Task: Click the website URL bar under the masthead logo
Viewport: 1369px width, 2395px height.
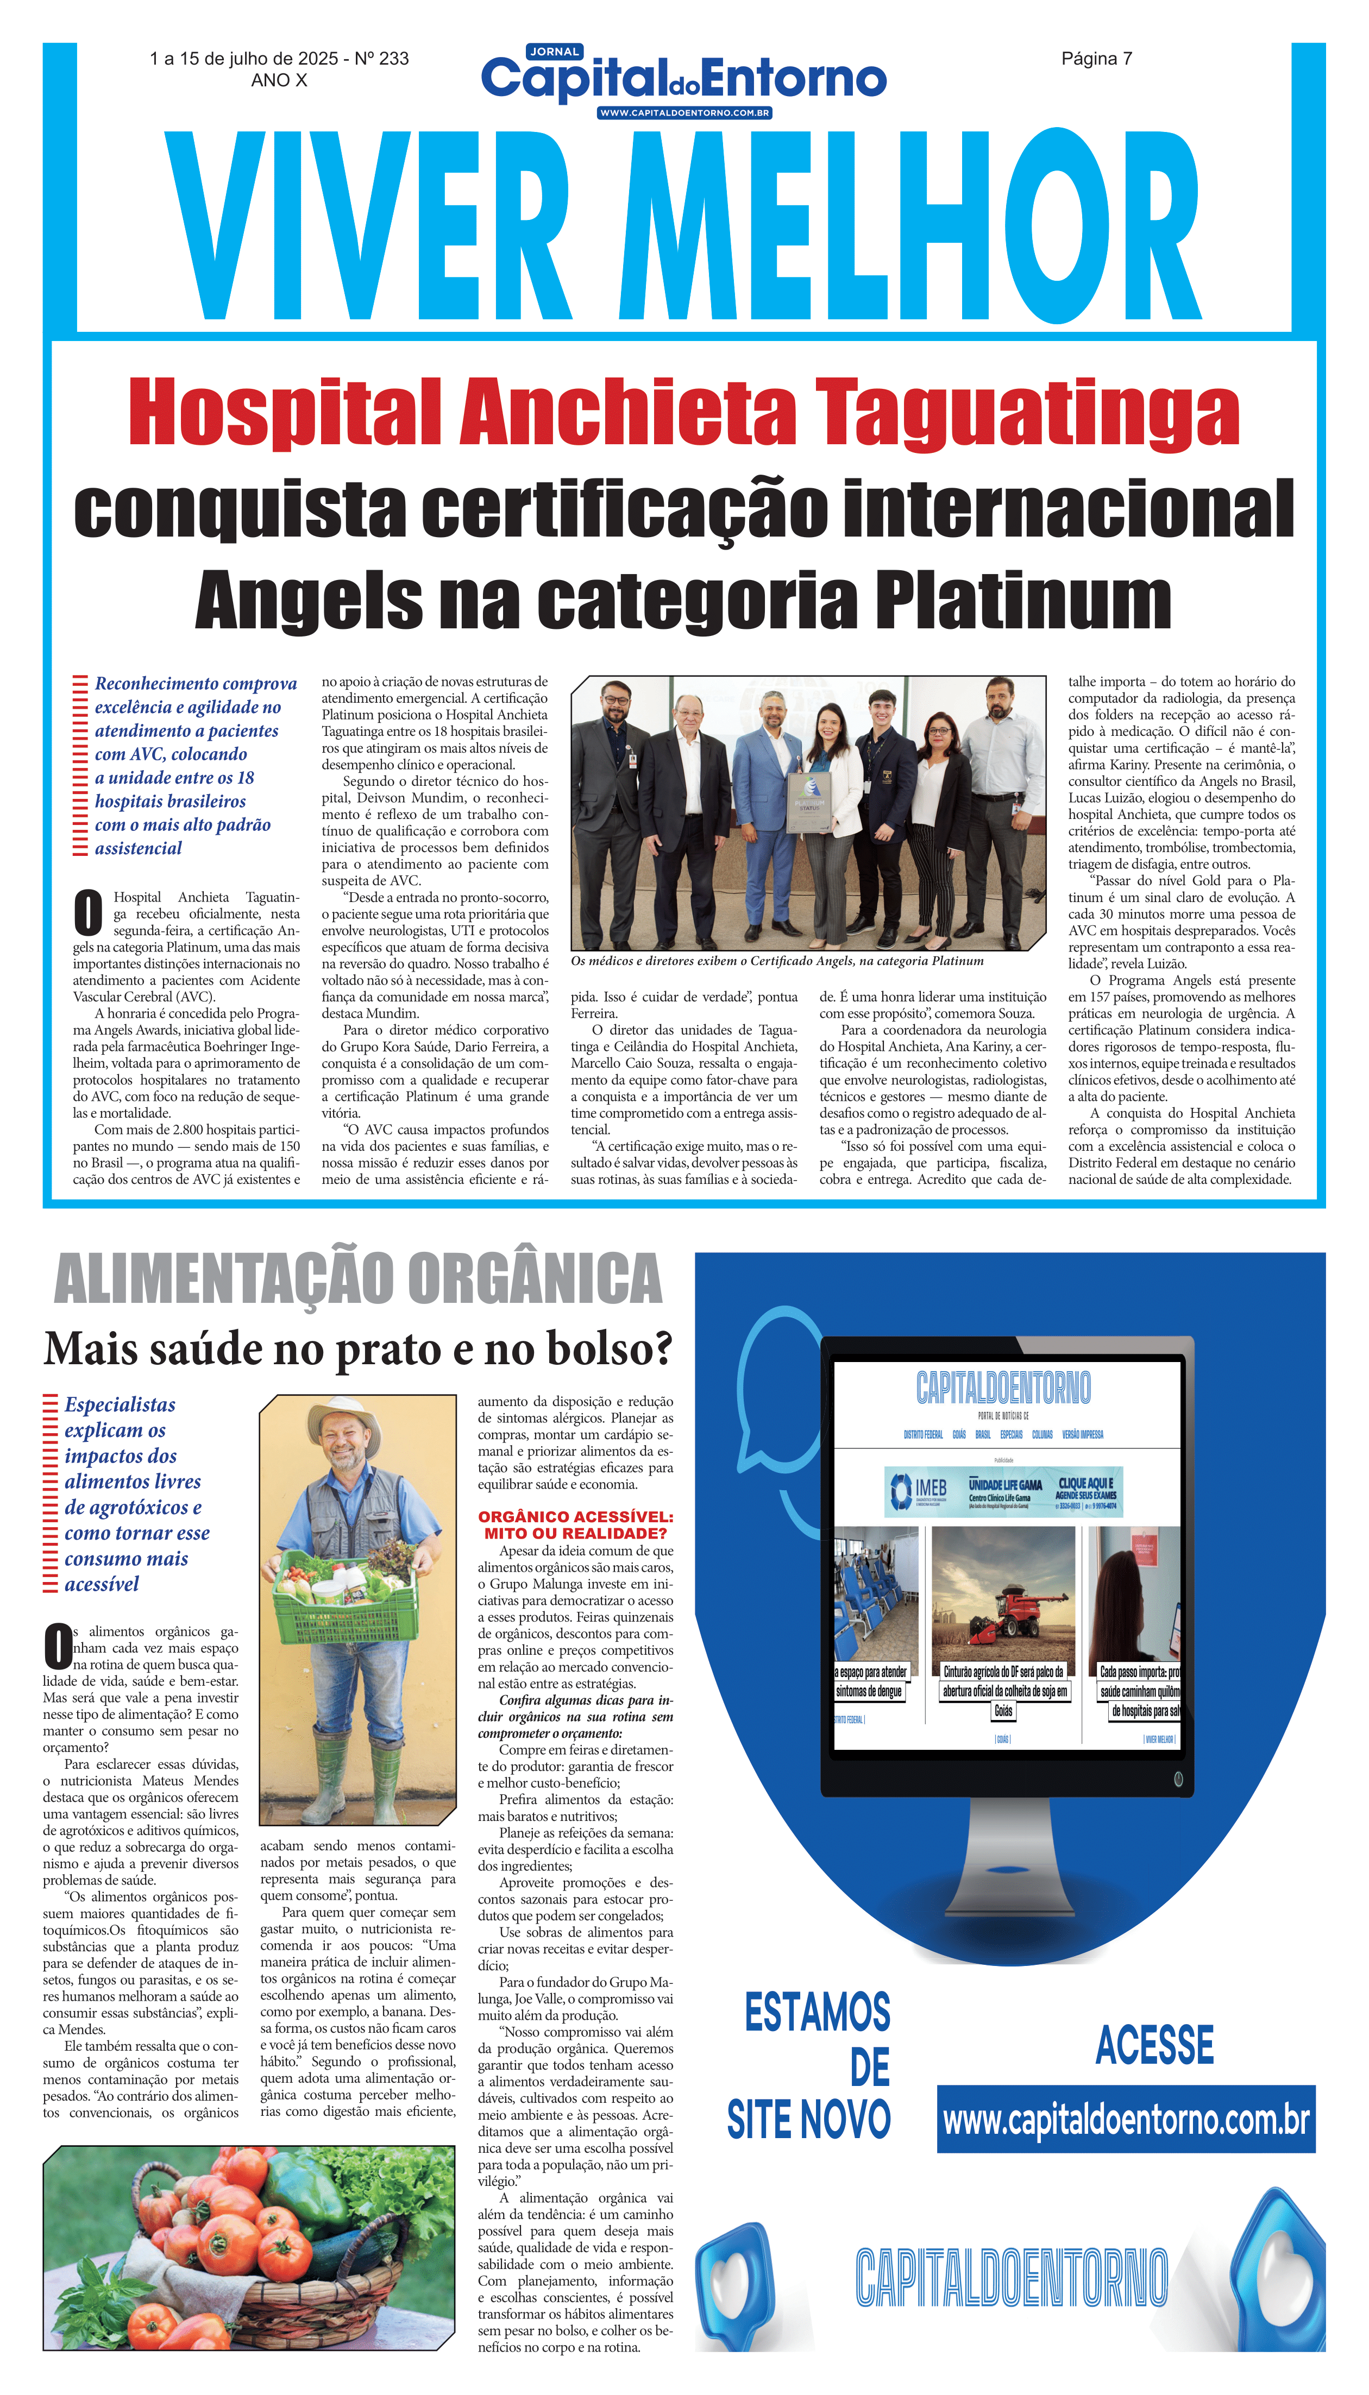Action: point(684,113)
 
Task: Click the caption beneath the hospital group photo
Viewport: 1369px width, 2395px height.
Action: point(777,961)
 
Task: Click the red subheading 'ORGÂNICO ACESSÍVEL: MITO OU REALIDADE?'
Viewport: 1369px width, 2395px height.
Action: point(575,1524)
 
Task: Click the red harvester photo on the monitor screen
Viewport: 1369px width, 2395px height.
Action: point(1002,1597)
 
